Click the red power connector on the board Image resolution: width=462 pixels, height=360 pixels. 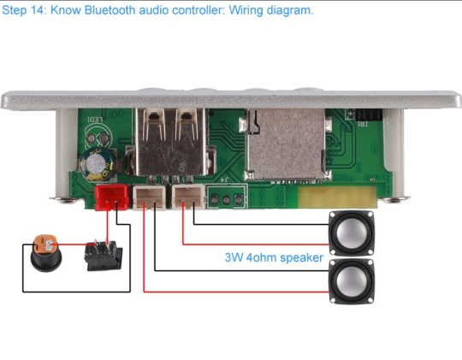coord(112,198)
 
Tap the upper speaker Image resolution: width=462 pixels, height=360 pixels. coord(352,233)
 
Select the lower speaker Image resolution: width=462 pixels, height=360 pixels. coord(352,281)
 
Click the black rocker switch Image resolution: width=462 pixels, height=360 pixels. coord(104,255)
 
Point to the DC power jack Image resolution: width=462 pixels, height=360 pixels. coord(46,253)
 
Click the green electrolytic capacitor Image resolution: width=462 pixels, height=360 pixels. coord(97,164)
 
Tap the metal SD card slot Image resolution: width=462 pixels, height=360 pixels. coord(285,145)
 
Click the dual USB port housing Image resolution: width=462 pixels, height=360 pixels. coord(170,142)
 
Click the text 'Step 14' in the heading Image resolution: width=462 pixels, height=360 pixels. coord(23,10)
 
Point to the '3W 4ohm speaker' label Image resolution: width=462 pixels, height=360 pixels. coord(274,257)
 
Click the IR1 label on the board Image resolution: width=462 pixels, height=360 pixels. coord(363,124)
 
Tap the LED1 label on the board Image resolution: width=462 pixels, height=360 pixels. coord(95,120)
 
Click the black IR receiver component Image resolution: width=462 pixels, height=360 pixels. coord(369,115)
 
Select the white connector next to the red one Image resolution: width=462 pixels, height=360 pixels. coord(149,198)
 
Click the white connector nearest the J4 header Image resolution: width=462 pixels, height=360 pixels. coord(188,197)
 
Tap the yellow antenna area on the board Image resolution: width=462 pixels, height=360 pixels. coord(338,197)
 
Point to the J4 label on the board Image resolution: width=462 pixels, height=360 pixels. coord(224,179)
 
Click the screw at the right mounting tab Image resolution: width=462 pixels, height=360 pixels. coord(394,200)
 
